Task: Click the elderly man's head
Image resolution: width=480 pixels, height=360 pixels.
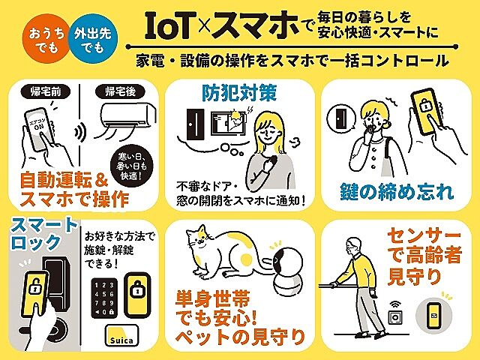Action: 351,247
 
